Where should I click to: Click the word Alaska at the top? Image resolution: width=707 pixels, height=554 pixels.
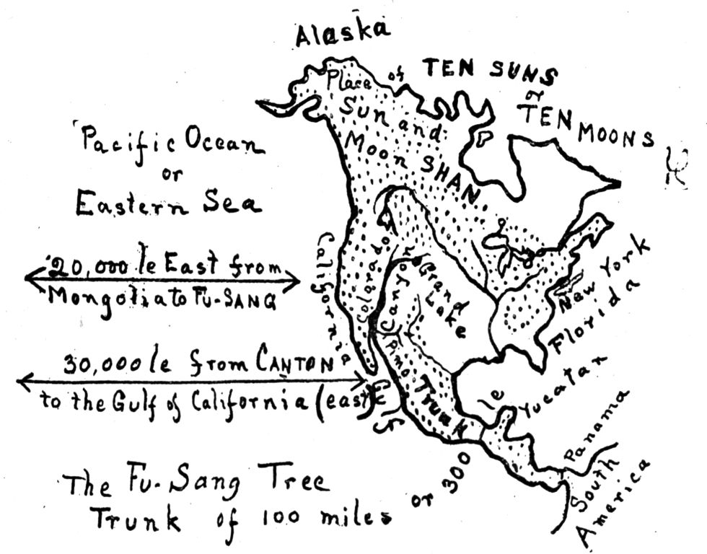click(x=343, y=32)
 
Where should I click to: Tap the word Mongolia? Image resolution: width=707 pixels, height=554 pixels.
click(x=101, y=297)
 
